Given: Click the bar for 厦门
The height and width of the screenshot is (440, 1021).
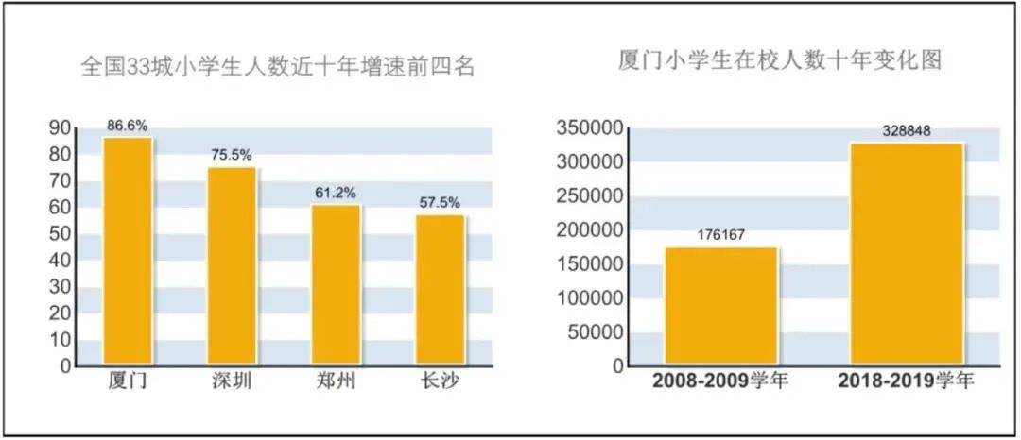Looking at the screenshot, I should [x=128, y=251].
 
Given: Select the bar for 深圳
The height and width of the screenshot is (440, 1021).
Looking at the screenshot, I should [x=232, y=265].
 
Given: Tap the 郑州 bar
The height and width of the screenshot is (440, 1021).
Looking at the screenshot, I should [x=336, y=284].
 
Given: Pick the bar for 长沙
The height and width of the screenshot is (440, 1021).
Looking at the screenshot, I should [x=440, y=289].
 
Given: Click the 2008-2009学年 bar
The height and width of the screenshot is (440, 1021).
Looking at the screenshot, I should [x=721, y=306].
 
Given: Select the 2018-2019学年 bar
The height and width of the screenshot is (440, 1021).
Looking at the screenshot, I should [x=907, y=253].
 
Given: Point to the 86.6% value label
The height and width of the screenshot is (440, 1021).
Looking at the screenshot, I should [x=128, y=125].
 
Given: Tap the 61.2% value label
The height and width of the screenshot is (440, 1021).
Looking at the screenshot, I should [x=336, y=193].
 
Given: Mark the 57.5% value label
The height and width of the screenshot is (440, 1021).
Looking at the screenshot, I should [x=440, y=202].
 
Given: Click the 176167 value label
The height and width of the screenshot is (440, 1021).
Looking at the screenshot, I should [x=721, y=235].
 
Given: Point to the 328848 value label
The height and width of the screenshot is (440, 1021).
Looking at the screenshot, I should [x=907, y=131].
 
